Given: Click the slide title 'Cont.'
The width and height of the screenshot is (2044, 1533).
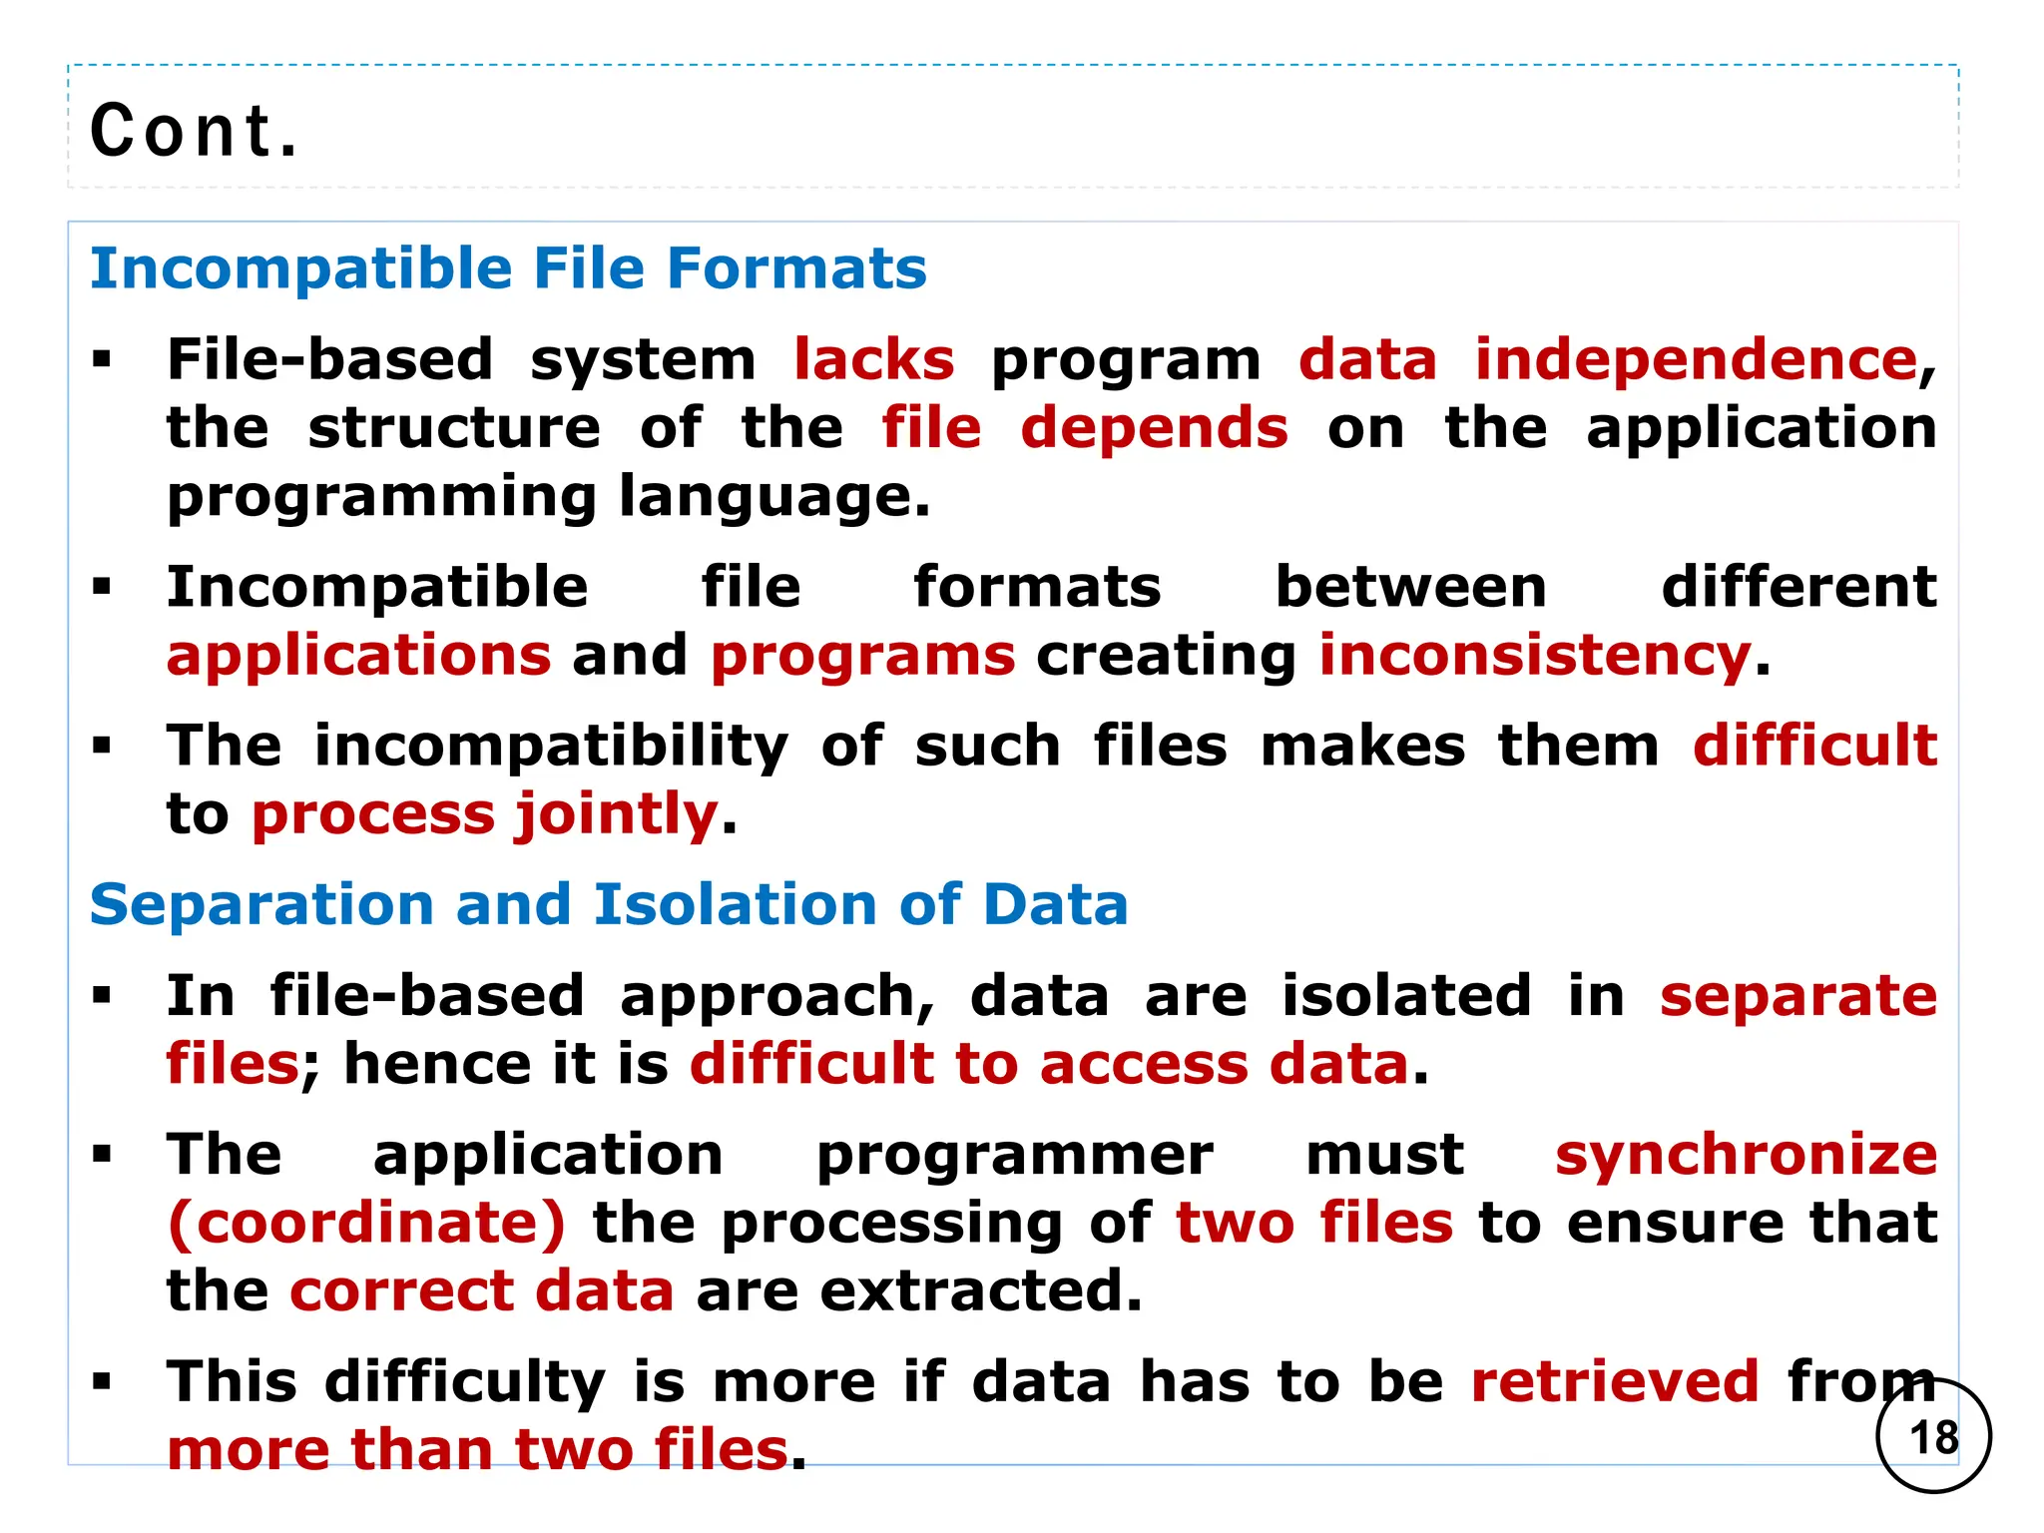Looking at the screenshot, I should click(194, 131).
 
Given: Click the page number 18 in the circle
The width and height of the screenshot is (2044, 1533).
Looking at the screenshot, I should click(1933, 1437).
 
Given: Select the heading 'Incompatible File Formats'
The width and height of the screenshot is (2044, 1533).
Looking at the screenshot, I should click(508, 268).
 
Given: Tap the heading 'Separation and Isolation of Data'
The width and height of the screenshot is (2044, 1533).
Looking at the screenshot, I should click(609, 905).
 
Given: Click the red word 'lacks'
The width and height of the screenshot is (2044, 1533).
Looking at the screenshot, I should click(874, 359).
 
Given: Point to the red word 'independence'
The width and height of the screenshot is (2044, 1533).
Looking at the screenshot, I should click(1696, 359).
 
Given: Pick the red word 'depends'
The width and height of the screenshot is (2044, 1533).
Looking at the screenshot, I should click(1154, 428).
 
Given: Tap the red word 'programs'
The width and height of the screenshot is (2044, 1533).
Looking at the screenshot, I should click(862, 656).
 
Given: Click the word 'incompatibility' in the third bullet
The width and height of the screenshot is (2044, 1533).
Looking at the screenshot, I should click(551, 746).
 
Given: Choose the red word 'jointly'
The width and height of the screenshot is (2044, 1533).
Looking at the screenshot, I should click(616, 814).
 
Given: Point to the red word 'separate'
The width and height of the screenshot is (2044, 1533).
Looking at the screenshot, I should click(1797, 996).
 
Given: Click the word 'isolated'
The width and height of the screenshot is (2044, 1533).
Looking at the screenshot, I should click(1406, 996).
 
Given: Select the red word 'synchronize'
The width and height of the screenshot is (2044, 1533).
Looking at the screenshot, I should click(1746, 1155).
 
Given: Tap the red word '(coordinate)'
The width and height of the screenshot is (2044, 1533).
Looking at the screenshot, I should click(366, 1223).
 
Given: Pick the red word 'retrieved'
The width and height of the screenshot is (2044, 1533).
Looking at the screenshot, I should click(1614, 1381).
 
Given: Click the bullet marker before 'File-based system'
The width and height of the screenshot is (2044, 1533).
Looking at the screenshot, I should click(101, 359).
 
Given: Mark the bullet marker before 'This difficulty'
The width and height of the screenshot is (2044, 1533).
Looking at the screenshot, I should click(101, 1382).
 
